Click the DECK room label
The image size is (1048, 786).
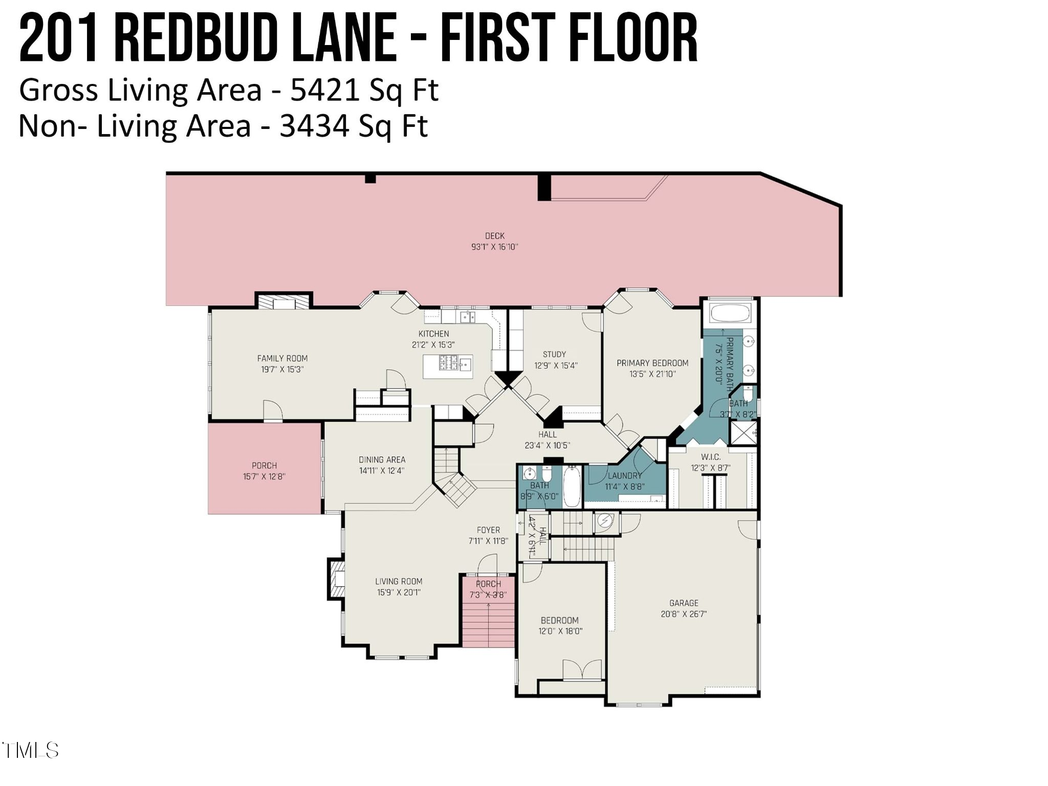click(494, 236)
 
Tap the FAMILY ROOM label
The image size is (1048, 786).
click(282, 358)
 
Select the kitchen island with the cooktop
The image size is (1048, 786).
click(447, 366)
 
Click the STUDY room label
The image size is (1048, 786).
click(554, 354)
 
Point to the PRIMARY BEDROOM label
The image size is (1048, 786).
click(652, 363)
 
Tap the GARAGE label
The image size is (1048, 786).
click(683, 603)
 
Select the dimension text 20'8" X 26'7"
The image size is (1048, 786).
click(683, 614)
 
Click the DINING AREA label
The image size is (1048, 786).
click(382, 460)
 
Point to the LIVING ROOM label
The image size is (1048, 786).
click(399, 581)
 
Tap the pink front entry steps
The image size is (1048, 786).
click(488, 625)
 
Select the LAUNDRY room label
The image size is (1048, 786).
click(624, 475)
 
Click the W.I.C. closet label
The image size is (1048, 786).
click(710, 456)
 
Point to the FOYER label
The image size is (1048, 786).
click(488, 530)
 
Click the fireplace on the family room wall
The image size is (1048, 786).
click(283, 302)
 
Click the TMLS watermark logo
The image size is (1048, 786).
click(31, 751)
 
